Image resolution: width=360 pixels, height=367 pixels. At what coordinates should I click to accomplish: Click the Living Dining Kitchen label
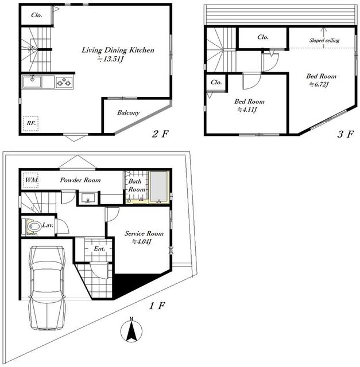click(x=118, y=50)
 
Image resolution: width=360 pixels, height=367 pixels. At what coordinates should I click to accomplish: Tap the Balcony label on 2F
click(x=129, y=113)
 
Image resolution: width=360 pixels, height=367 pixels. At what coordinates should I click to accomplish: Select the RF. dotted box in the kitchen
click(x=30, y=123)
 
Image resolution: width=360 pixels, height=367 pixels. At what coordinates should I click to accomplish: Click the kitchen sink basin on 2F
click(x=32, y=82)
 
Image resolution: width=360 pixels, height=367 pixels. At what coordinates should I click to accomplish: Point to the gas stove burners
click(x=64, y=82)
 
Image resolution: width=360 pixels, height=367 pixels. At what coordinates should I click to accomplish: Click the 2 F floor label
click(x=160, y=134)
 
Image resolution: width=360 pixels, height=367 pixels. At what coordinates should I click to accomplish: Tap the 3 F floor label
click(x=345, y=134)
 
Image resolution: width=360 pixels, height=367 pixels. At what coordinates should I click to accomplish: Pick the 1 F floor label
click(x=157, y=306)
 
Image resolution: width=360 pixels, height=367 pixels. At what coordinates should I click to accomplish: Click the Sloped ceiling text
click(x=324, y=40)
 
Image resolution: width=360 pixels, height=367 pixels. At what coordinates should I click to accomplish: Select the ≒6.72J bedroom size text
click(x=319, y=84)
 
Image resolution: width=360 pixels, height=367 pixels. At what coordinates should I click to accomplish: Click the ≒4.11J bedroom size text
click(x=247, y=110)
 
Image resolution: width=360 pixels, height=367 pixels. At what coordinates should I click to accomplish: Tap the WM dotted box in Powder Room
click(x=31, y=180)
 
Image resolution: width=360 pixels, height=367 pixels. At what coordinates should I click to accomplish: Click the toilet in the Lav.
click(x=33, y=227)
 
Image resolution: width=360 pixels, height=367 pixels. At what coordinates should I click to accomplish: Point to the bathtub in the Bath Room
click(x=159, y=186)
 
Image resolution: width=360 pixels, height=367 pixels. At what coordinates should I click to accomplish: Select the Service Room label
click(x=144, y=233)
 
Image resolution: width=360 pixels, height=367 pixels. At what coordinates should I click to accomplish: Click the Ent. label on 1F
click(x=99, y=248)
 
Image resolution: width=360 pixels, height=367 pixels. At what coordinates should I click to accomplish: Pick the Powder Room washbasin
click(x=88, y=198)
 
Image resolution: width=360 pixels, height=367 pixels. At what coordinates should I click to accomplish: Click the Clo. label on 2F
click(x=37, y=15)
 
